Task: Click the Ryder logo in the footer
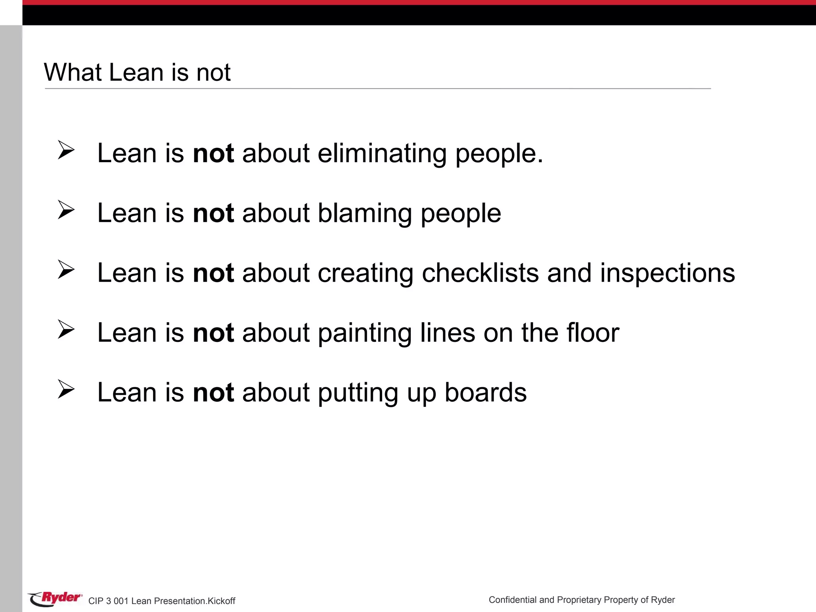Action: [55, 598]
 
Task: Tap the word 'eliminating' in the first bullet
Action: [382, 154]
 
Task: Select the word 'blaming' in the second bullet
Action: [365, 214]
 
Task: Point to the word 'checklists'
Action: [480, 273]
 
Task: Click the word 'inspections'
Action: [667, 273]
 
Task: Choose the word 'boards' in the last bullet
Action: [485, 393]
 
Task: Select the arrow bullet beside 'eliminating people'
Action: [66, 150]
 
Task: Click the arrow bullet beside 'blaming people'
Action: [66, 210]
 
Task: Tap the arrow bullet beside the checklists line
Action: [66, 269]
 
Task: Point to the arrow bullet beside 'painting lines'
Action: [66, 329]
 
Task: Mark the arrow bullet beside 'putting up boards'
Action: [66, 389]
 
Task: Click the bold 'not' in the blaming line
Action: [213, 214]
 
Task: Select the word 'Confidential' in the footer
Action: [512, 600]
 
